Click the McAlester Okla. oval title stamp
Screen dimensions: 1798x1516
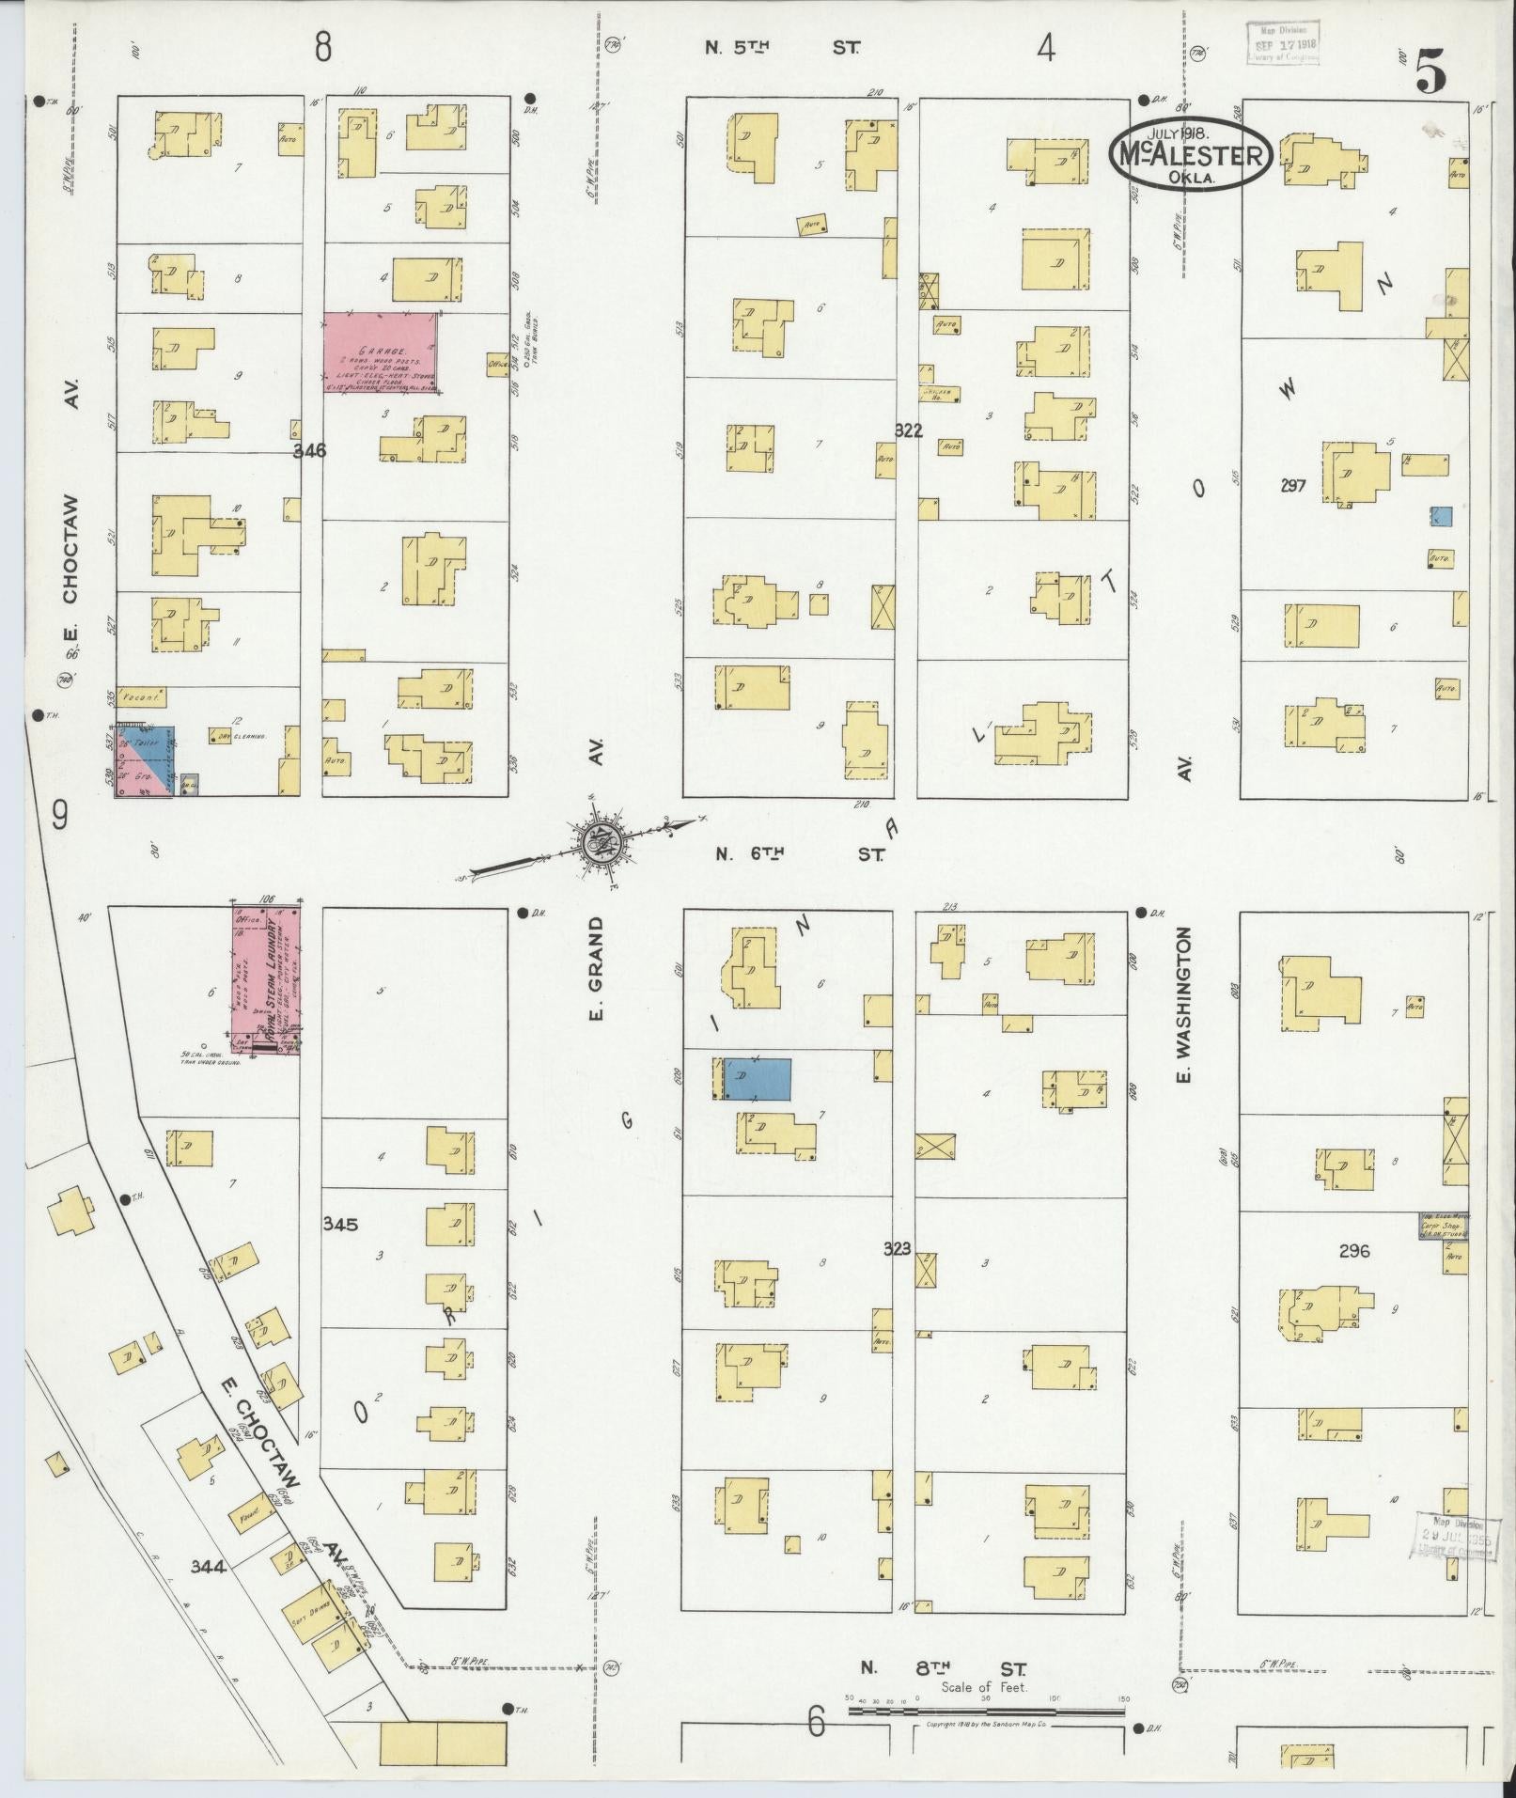1191,156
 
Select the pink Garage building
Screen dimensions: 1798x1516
382,352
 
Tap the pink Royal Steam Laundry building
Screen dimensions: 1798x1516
266,980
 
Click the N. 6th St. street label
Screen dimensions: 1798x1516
800,853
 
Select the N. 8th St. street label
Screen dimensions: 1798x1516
944,1669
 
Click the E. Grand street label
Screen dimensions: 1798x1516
597,968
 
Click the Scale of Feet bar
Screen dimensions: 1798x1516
986,1712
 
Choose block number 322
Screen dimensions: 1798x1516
908,430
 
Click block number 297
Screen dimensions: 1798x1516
1294,486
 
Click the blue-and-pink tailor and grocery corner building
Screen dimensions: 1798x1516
145,761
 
